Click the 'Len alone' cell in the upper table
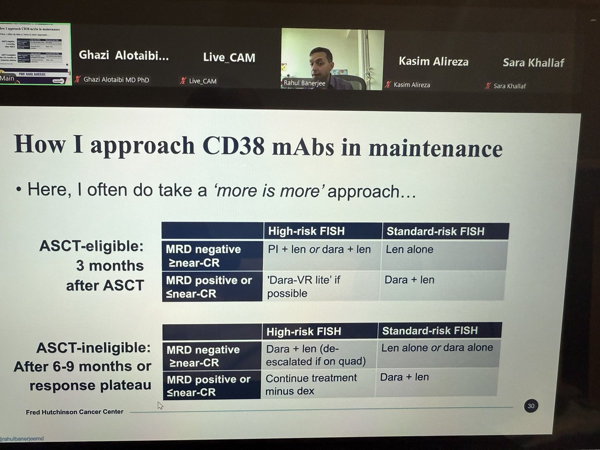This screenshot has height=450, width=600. pos(410,249)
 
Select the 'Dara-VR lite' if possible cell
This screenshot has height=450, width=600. pos(303,286)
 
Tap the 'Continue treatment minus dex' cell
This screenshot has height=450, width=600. pos(310,384)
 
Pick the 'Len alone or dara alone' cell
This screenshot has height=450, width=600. pos(436,347)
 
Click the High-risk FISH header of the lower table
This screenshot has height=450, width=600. pos(303,331)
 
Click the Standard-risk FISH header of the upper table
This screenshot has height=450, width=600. pos(435,231)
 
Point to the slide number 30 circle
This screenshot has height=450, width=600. pos(530,406)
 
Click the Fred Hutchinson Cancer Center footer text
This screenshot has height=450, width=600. pos(74,412)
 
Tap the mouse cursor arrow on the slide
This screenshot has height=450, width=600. pos(160,405)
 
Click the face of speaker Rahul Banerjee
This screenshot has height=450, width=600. pos(320,60)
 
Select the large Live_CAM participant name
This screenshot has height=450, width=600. pos(229,57)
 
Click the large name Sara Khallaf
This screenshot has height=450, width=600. pos(533,62)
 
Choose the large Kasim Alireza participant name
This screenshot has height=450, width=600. pos(433,61)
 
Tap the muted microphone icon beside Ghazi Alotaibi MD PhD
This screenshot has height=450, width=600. pos(77,79)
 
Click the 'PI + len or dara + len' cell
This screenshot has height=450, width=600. pos(319,249)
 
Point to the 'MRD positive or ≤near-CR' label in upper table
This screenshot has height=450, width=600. pos(209,286)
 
